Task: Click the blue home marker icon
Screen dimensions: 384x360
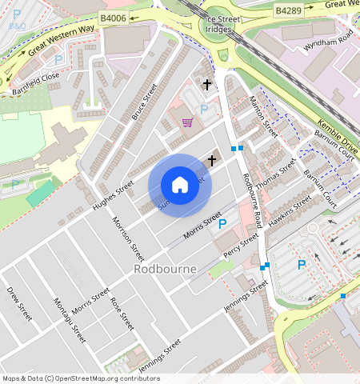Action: tap(180, 185)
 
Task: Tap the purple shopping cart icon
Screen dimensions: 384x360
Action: tap(187, 122)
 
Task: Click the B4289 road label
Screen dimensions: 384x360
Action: tap(287, 10)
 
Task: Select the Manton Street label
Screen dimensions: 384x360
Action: tap(263, 116)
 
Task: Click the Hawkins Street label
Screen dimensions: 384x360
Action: tap(290, 210)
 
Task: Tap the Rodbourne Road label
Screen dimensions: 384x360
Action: tap(252, 200)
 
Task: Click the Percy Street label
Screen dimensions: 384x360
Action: tap(241, 242)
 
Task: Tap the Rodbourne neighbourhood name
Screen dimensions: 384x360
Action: tap(166, 269)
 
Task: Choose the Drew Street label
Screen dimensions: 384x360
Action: tap(19, 304)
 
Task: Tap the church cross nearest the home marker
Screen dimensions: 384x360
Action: tap(211, 161)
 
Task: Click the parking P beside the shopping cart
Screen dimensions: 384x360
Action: tap(204, 109)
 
